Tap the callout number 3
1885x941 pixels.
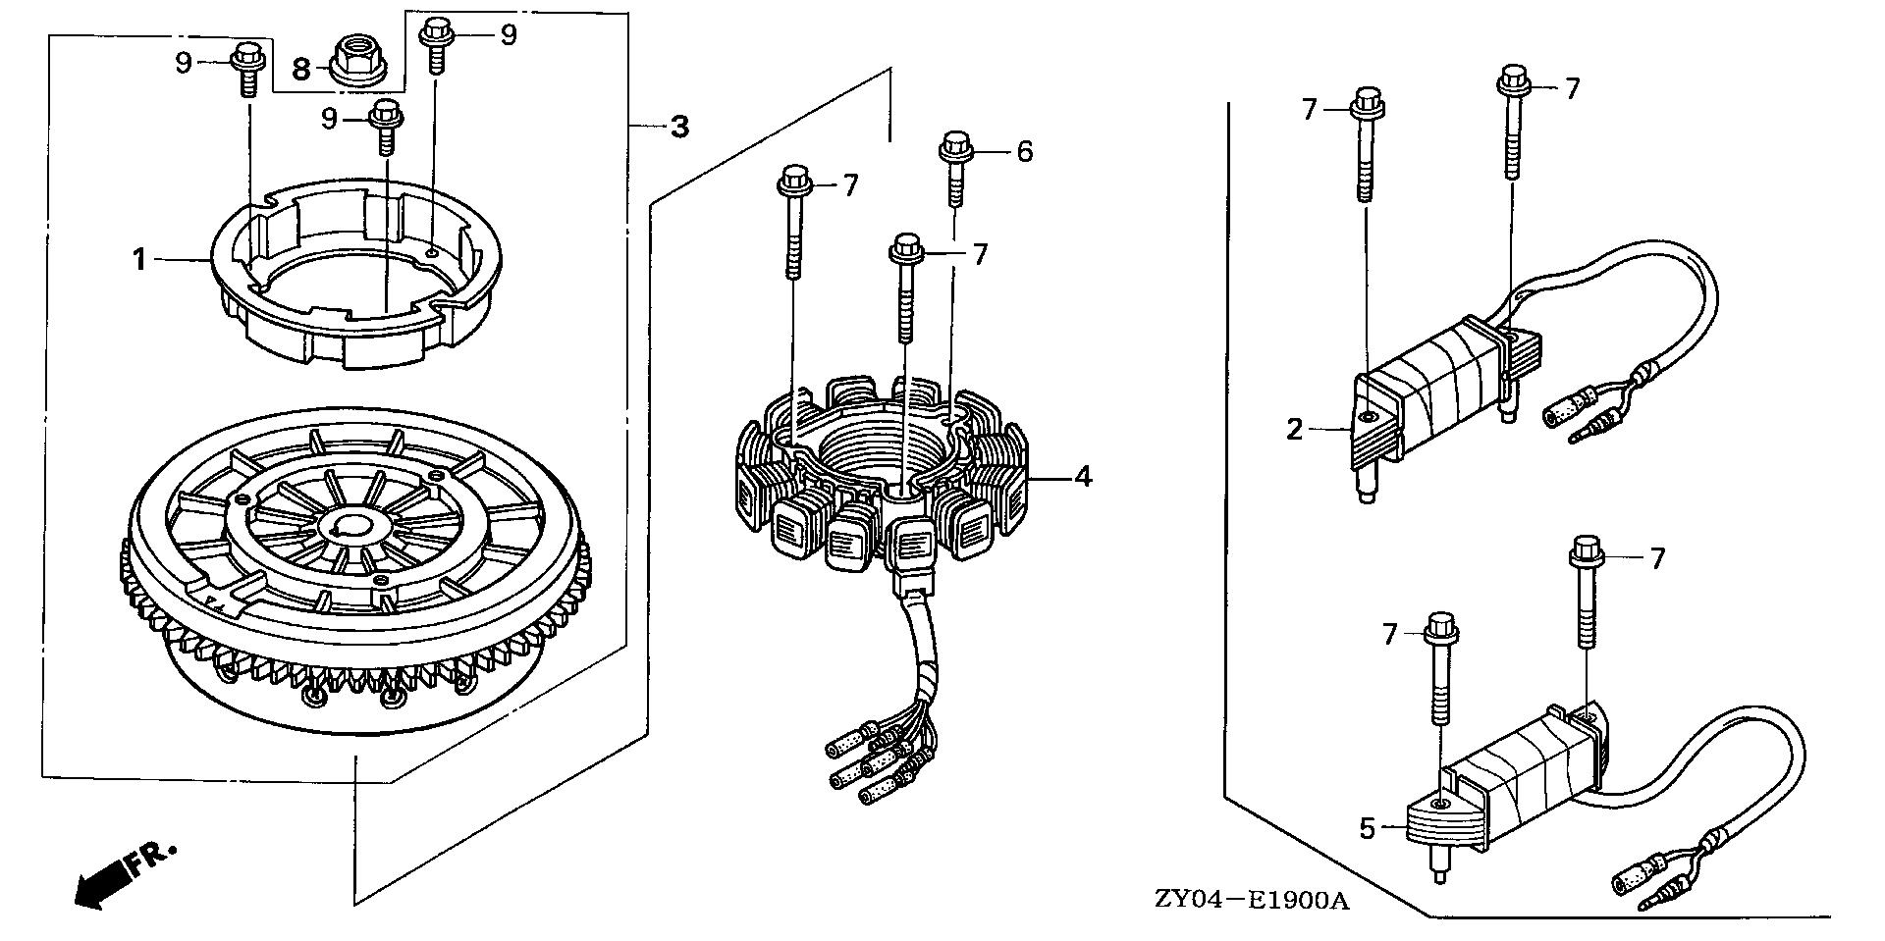679,127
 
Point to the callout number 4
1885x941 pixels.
1082,477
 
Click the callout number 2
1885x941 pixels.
1295,429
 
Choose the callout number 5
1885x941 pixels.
1368,829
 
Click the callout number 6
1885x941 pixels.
1024,151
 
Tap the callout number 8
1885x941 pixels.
301,69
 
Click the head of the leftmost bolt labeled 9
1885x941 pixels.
244,57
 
